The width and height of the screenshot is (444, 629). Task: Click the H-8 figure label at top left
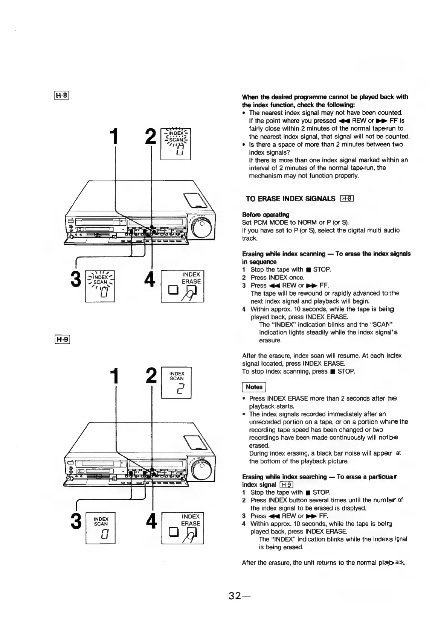tap(61, 96)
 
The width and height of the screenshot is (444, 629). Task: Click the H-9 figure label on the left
tap(62, 339)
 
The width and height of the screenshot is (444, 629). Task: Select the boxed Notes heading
tap(254, 387)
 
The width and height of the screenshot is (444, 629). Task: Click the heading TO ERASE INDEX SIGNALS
tap(290, 199)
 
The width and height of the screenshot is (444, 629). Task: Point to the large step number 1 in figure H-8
tap(114, 136)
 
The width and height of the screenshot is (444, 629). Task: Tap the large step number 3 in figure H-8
tap(76, 279)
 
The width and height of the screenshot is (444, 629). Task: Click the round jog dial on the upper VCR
tap(201, 227)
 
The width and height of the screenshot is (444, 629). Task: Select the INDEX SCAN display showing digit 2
tap(176, 383)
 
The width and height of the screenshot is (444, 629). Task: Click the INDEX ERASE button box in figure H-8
tap(182, 286)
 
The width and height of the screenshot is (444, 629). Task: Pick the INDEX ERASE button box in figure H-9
tap(183, 528)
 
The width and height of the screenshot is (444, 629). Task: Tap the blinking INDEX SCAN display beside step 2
tap(175, 144)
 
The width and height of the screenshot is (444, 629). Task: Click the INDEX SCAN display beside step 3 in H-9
tap(100, 528)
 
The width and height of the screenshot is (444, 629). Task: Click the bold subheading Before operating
tap(265, 215)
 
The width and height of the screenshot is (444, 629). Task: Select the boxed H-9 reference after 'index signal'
tap(286, 485)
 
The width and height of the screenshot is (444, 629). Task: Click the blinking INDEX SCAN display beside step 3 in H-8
tap(100, 286)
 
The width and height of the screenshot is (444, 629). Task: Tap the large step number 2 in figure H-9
tap(151, 376)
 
